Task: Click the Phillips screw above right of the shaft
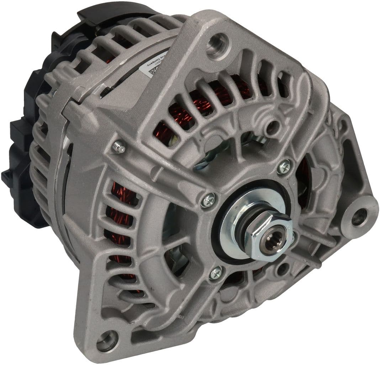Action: tap(284, 166)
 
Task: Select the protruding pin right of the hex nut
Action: tap(292, 235)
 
